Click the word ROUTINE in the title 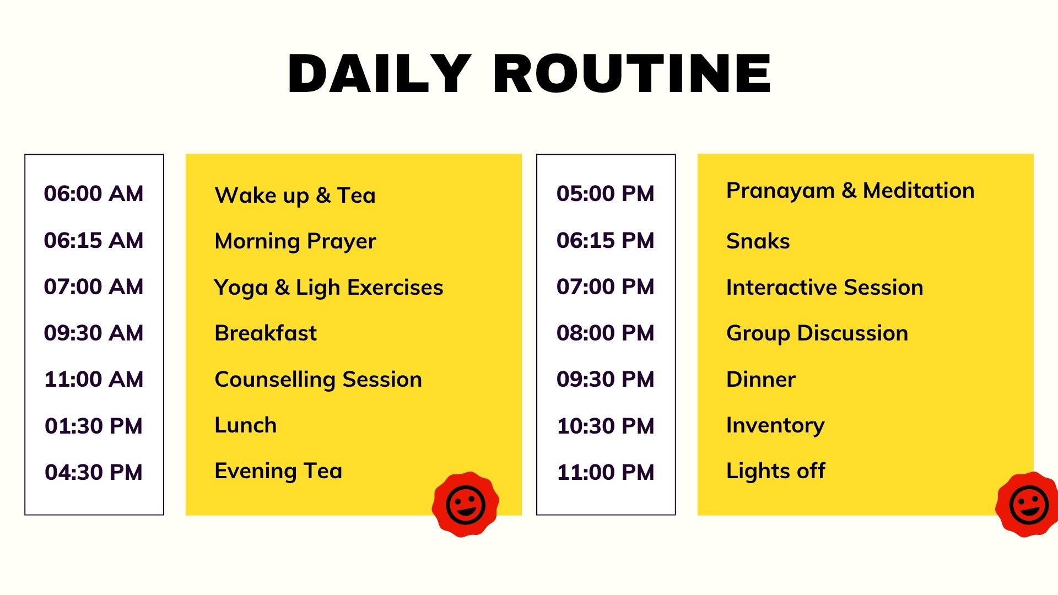point(632,74)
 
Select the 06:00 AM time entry point(94,193)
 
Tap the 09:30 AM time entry point(94,333)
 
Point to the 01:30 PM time point(94,426)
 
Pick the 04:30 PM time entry point(94,472)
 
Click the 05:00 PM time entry point(606,193)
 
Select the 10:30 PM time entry point(606,426)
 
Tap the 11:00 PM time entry point(606,472)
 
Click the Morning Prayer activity point(295,242)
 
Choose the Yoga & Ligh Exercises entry point(328,288)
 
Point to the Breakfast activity point(266,333)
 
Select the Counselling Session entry point(319,380)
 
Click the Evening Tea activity point(278,472)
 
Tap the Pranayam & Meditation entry point(850,191)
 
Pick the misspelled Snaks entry point(758,241)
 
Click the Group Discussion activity point(817,334)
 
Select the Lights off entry point(776,472)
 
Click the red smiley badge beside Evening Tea point(466,504)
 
